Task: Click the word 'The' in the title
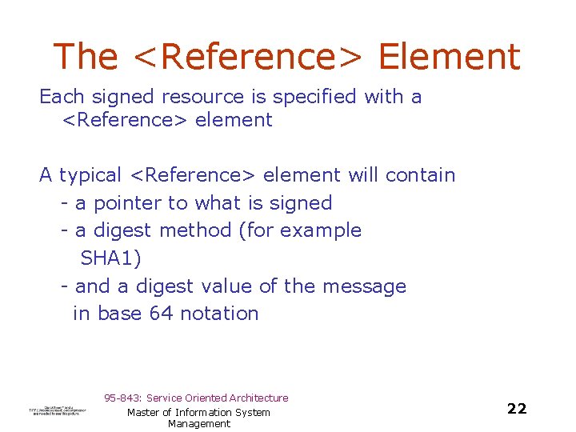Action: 86,57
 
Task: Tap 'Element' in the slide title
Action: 449,57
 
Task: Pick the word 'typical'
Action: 90,175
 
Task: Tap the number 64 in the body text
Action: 161,314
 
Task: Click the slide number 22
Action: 517,409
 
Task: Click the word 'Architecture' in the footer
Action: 258,398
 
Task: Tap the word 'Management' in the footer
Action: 199,424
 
